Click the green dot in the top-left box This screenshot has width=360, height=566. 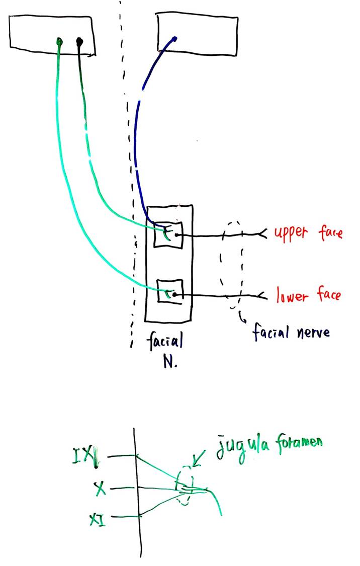(59, 42)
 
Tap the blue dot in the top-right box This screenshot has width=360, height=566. (175, 38)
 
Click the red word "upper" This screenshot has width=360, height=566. (291, 233)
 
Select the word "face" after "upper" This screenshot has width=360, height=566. (330, 232)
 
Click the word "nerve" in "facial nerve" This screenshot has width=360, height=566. (313, 332)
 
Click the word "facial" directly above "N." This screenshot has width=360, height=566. (165, 341)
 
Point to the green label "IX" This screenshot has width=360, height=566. (85, 457)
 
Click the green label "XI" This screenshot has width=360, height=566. (98, 519)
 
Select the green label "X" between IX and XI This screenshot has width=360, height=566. (100, 489)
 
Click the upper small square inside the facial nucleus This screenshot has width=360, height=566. (168, 234)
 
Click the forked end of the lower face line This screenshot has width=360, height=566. (262, 295)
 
